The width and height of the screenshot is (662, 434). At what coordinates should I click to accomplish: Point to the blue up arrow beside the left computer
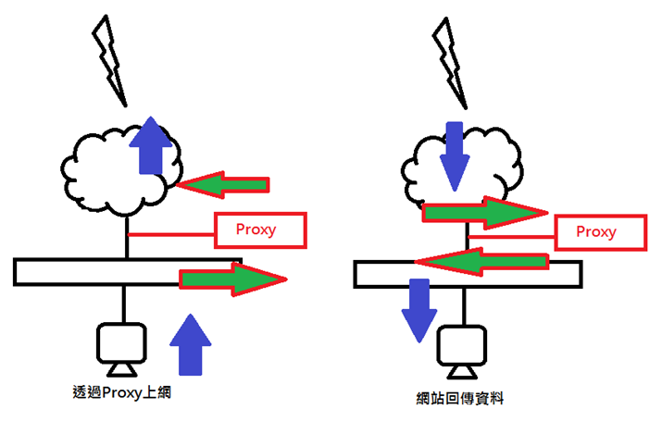click(x=191, y=344)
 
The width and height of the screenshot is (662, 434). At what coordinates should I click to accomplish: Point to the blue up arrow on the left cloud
click(x=151, y=145)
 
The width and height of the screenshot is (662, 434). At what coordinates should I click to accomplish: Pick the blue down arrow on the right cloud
click(x=455, y=156)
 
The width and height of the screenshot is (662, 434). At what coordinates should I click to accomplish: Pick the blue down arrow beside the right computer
click(x=419, y=310)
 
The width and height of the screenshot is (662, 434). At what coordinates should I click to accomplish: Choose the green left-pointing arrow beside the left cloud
click(x=222, y=185)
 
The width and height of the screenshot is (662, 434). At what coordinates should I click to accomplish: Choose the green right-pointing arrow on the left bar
click(x=233, y=279)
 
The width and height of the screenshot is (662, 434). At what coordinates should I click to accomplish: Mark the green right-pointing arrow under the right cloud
click(x=485, y=213)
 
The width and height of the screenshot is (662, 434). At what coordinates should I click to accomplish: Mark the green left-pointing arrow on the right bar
click(x=481, y=262)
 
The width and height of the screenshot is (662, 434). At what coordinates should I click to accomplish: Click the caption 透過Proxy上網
click(x=121, y=392)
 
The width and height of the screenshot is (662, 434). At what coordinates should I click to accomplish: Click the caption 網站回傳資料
click(x=460, y=398)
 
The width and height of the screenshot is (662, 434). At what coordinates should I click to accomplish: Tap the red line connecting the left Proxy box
click(x=171, y=234)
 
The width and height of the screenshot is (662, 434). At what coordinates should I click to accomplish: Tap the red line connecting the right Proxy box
click(x=511, y=237)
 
